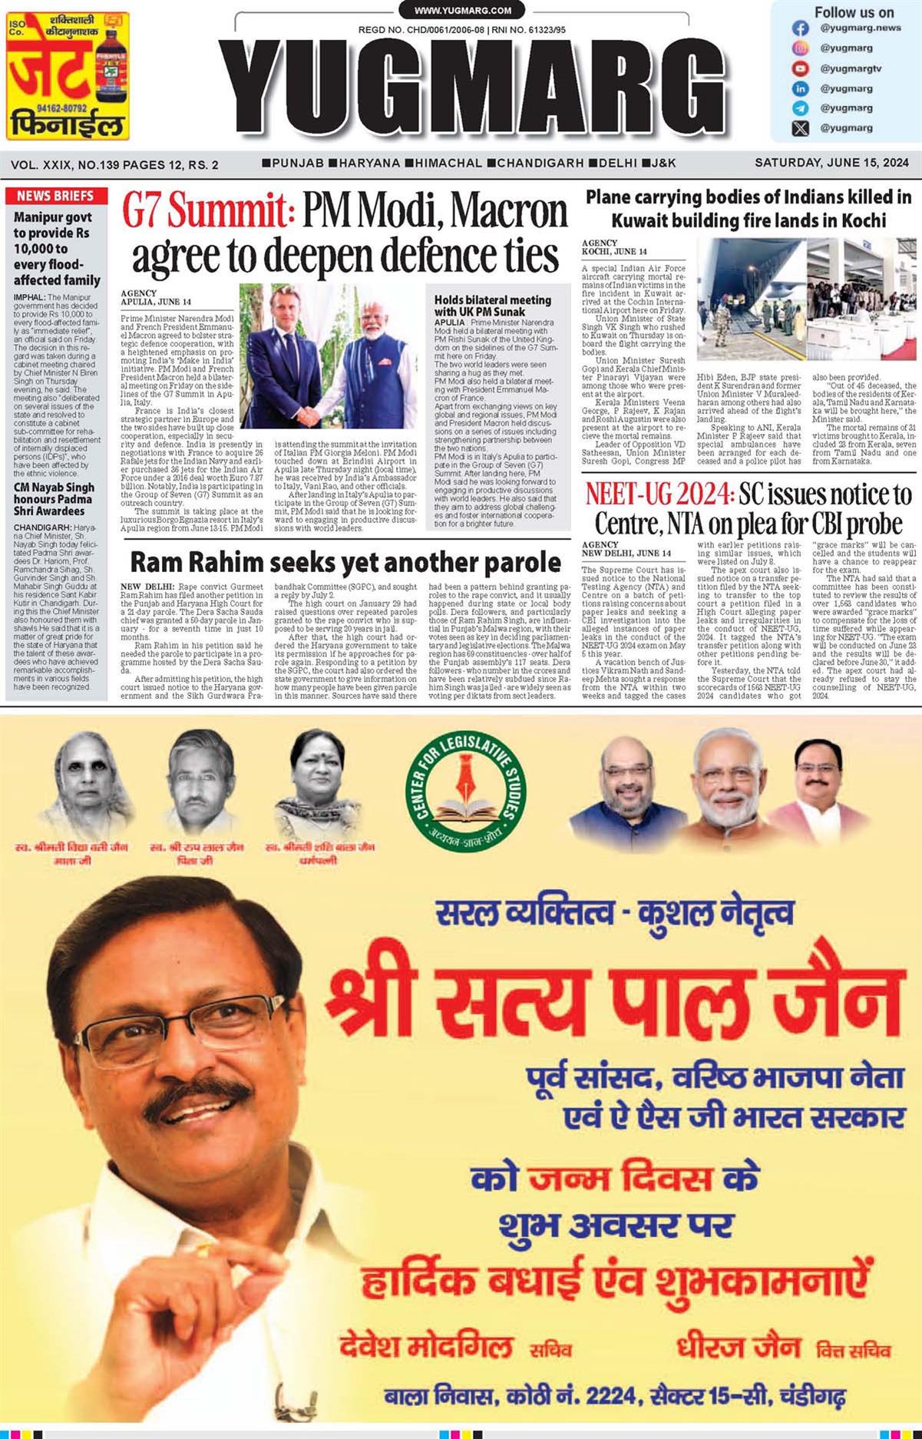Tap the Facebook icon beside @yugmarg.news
[801, 28]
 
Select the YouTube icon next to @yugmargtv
[801, 68]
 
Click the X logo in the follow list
[801, 128]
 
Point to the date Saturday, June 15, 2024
[831, 163]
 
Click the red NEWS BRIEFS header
[55, 196]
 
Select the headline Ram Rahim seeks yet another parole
[345, 561]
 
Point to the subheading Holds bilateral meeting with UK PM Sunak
[492, 306]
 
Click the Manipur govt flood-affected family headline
[56, 248]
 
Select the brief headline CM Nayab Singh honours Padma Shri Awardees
[54, 499]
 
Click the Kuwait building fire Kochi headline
[748, 209]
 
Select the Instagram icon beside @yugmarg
[801, 48]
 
